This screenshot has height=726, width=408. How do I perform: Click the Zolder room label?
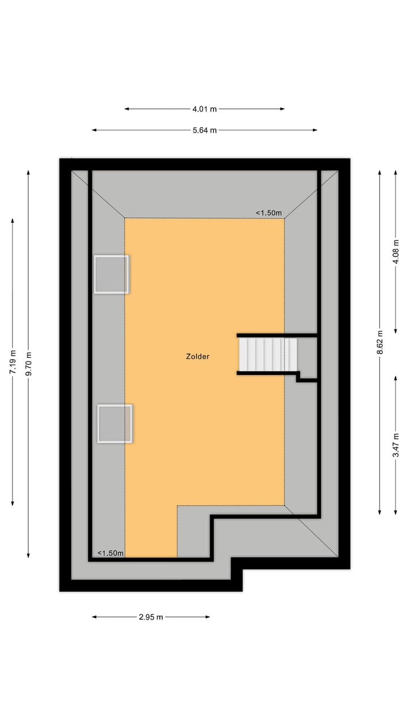click(198, 357)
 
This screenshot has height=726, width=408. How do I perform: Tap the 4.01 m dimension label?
click(205, 108)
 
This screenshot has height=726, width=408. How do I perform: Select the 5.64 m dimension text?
click(205, 130)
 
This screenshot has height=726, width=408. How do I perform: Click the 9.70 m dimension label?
click(28, 363)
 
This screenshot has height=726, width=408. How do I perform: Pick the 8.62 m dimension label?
click(380, 343)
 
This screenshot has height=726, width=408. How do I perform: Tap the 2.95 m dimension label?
click(151, 617)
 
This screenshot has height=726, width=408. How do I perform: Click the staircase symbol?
click(268, 354)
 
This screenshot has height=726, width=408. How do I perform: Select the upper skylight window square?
click(111, 274)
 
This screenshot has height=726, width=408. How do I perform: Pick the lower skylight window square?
click(114, 423)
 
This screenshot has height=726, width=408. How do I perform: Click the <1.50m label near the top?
click(269, 213)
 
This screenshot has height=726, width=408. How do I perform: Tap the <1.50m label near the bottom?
click(110, 553)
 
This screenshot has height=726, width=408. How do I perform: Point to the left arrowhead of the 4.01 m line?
click(126, 108)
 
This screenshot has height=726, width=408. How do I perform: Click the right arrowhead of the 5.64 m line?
click(316, 130)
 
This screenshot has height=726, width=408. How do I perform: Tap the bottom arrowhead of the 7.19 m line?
click(12, 504)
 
